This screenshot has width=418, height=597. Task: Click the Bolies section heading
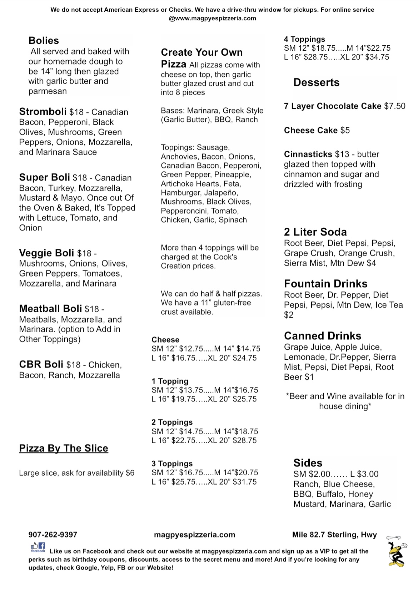44,41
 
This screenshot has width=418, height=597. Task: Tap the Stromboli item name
43,112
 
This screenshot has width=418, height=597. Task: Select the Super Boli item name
44,177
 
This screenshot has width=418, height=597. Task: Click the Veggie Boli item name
46,253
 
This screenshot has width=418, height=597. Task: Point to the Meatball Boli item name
50,308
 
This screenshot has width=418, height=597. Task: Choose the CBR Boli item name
41,364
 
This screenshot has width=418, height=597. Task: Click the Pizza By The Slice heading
64,448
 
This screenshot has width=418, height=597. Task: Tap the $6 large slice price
130,473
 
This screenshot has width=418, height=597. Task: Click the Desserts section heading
316,82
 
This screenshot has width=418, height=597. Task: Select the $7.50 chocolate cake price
395,106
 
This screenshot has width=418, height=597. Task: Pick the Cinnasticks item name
308,154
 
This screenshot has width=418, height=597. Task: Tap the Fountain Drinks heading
325,284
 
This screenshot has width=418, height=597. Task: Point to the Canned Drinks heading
322,336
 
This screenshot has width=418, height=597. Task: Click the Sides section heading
308,463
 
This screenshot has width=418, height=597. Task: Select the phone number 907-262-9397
53,535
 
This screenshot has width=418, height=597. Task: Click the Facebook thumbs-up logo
38,547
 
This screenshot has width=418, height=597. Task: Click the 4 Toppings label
304,39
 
